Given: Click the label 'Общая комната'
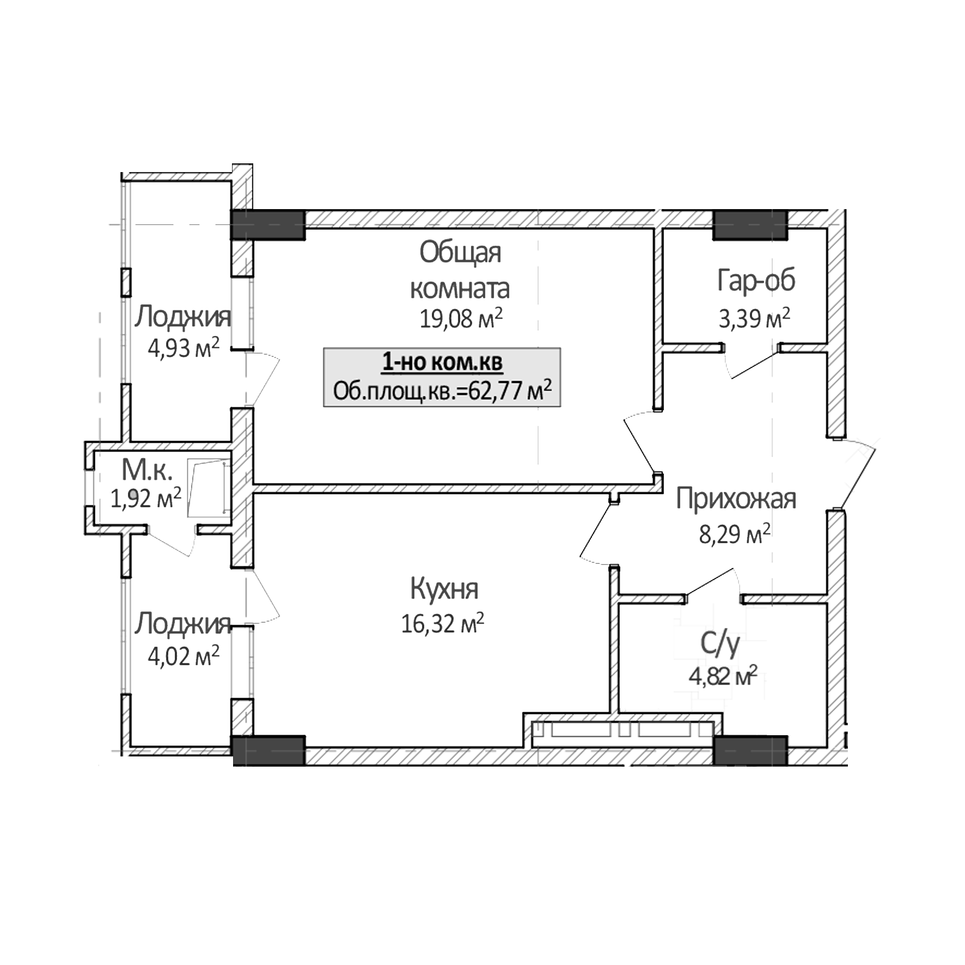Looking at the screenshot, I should point(460,271).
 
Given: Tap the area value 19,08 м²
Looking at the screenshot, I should point(460,319).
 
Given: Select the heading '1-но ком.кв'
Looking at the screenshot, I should point(442,362).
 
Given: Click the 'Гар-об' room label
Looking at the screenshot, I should point(756,280).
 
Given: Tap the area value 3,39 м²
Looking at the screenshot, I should point(754,319).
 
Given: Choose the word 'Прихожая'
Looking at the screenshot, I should point(736,499).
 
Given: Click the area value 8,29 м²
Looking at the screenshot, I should point(735,535).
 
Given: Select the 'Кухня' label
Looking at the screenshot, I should point(444,589).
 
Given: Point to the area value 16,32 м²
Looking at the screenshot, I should point(442,624).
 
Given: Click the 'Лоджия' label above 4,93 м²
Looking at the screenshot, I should point(183,317).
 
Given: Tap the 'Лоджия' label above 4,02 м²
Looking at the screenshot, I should point(183,624).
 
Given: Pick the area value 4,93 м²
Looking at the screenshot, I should point(183,349).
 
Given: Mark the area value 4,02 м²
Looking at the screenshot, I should point(183,657).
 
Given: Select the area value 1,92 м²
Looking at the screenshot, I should point(146,498).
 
